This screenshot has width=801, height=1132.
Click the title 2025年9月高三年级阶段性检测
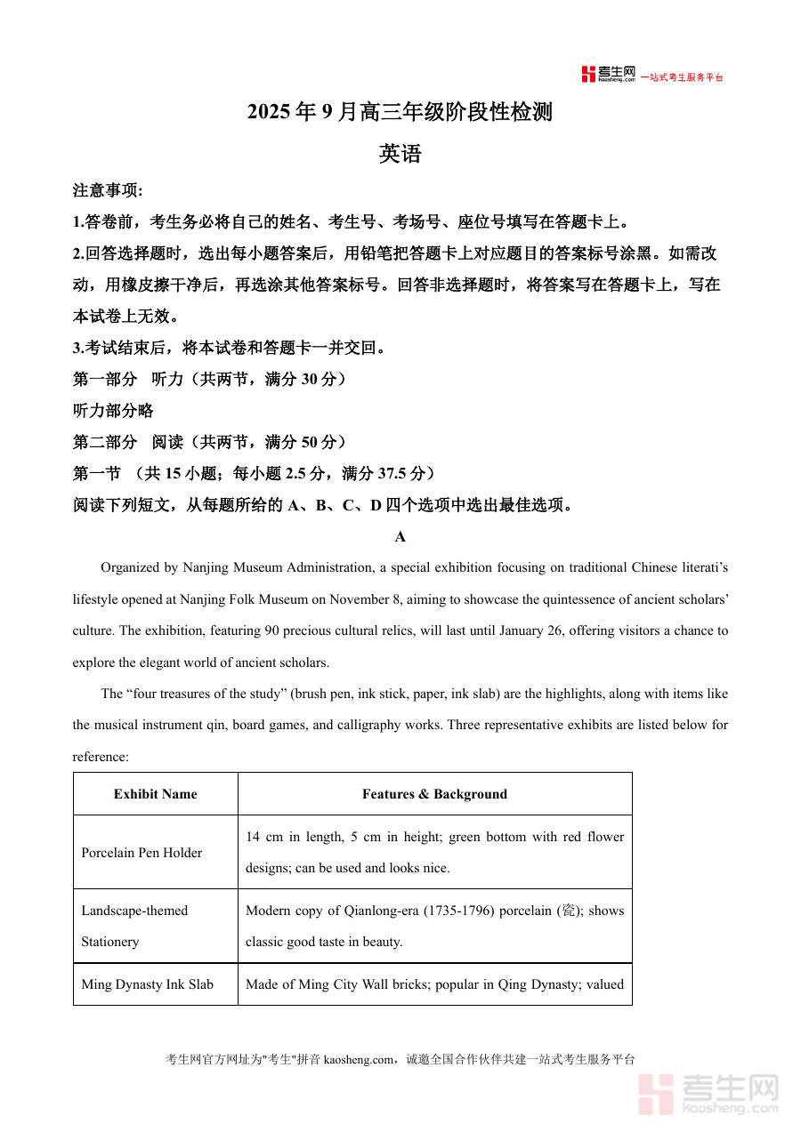point(400,112)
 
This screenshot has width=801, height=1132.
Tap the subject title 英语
point(400,154)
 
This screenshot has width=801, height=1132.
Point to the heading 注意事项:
point(108,190)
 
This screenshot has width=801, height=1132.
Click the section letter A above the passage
point(400,536)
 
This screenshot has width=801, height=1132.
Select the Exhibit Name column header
point(156,794)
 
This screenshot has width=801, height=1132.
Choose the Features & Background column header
point(434,794)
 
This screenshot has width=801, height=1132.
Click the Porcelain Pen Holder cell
point(142,853)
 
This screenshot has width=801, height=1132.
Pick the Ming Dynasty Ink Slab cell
point(148,984)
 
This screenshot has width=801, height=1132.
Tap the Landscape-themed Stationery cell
point(134,926)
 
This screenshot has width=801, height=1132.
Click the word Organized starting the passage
point(131,567)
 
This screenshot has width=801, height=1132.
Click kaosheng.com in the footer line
point(358,1059)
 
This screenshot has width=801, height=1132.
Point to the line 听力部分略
point(113,410)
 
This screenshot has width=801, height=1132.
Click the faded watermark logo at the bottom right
point(709,1094)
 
